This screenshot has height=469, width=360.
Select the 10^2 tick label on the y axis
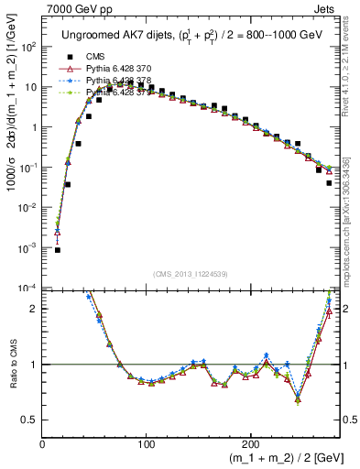pos(29,47)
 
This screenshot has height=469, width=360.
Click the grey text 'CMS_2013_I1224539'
pos(192,273)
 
